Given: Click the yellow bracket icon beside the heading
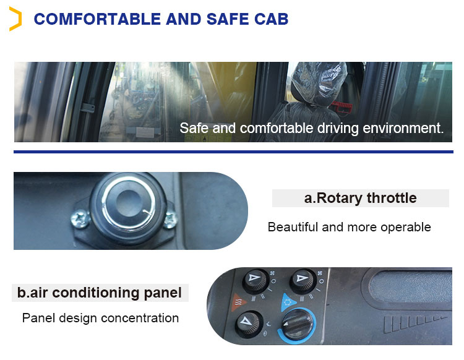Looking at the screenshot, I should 15,19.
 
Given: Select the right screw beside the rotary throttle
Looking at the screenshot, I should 171,217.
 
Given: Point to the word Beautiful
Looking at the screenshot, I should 293,227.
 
